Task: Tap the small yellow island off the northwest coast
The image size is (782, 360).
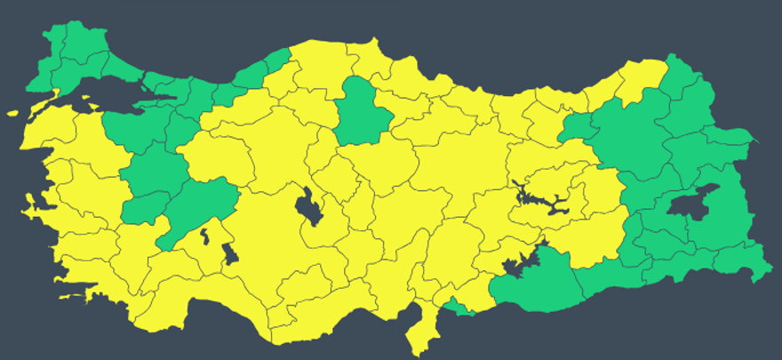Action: pyautogui.click(x=12, y=113)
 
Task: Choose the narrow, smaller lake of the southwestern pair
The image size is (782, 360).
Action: pyautogui.click(x=205, y=236)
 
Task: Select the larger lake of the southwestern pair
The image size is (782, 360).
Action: pyautogui.click(x=228, y=254)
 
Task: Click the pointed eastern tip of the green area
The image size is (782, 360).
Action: pyautogui.click(x=754, y=140)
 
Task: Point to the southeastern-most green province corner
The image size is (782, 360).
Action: pyautogui.click(x=761, y=276)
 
